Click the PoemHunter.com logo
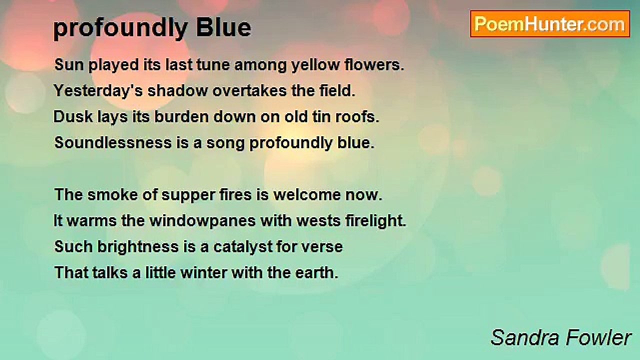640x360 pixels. point(550,24)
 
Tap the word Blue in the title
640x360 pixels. point(223,28)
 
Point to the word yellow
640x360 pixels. point(315,65)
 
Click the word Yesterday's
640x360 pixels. point(98,91)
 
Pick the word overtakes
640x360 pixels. point(249,91)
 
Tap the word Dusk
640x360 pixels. point(73,117)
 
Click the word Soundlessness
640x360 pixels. point(113,143)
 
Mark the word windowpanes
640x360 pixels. point(202,221)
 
